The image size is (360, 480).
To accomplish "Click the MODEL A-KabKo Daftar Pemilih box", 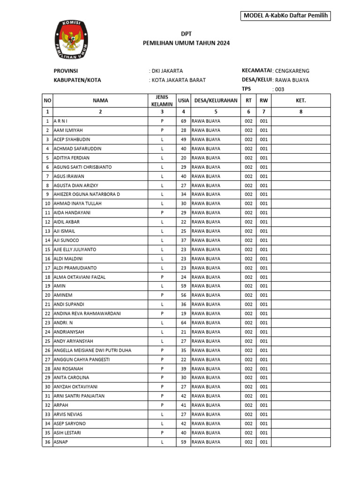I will pos(285,16).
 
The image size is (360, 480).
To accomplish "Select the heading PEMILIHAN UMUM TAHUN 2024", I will pos(186,43).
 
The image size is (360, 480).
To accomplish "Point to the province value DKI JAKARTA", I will pos(166,71).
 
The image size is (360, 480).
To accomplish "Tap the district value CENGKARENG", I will pos(292,71).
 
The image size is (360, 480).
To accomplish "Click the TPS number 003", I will pos(279,89).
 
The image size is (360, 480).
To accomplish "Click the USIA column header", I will pos(183,100).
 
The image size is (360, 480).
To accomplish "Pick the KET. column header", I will pos(300,100).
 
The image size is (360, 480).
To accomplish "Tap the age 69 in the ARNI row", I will pos(183,121).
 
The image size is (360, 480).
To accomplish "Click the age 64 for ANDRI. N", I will pos(183,323).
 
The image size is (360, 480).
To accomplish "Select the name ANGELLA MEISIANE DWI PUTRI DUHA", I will pos(92,350).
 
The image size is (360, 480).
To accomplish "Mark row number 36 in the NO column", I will pos(47,442).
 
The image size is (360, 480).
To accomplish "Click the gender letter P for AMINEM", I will pos(162,295).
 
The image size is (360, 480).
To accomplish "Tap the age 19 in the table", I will pos(183,314).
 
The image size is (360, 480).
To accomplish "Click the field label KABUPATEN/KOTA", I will pos(77,80).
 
